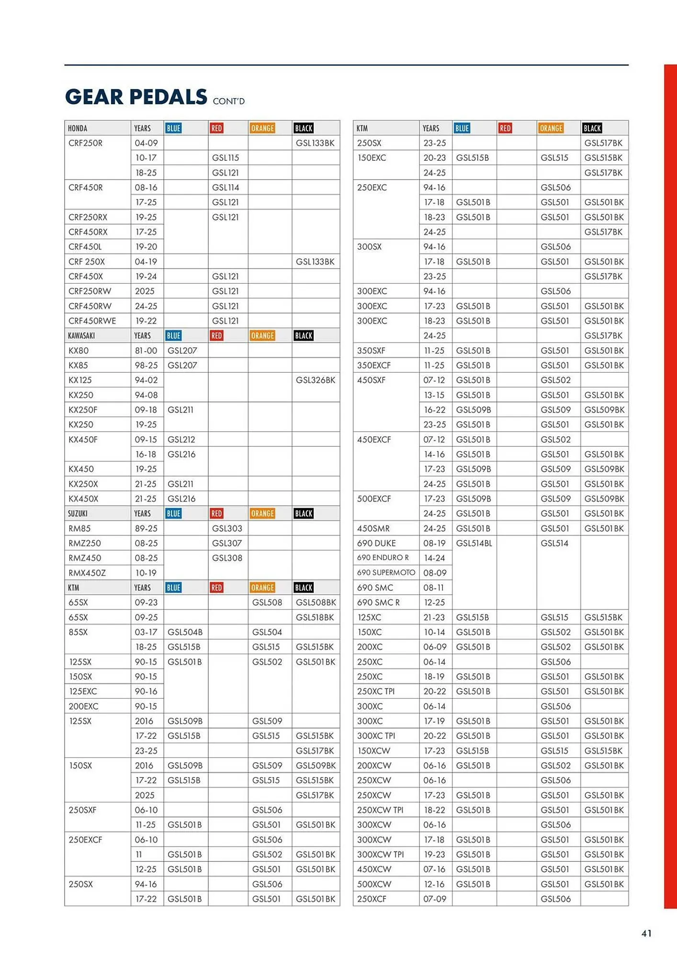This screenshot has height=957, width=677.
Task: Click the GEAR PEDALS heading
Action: point(136,97)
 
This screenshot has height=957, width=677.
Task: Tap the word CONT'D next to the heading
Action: point(228,101)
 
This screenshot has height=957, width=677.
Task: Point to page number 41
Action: point(646,933)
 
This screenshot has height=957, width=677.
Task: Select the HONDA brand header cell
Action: point(78,128)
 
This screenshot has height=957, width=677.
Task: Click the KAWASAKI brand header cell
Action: point(81,335)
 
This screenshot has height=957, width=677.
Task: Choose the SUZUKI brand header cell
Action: point(78,513)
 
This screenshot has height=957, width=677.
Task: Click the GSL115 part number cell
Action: point(226,158)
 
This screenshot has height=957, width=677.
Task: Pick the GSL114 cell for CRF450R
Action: point(226,188)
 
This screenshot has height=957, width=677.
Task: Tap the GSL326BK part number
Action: point(316,380)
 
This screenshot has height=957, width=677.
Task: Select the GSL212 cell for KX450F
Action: point(181,439)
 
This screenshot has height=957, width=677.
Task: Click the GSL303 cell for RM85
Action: point(227,528)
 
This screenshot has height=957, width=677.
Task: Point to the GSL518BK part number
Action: point(315,617)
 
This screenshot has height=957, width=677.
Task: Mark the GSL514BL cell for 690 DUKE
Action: point(474,543)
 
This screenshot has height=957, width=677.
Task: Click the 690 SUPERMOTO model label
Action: point(386,573)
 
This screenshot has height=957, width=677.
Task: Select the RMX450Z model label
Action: point(87,573)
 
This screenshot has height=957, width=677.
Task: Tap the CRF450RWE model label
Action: point(92,321)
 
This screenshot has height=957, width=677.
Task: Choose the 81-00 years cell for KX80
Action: point(146,350)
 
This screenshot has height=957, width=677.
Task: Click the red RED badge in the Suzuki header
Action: point(216,513)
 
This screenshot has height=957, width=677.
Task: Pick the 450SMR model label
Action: point(373,528)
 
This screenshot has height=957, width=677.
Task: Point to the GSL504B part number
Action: point(185,632)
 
